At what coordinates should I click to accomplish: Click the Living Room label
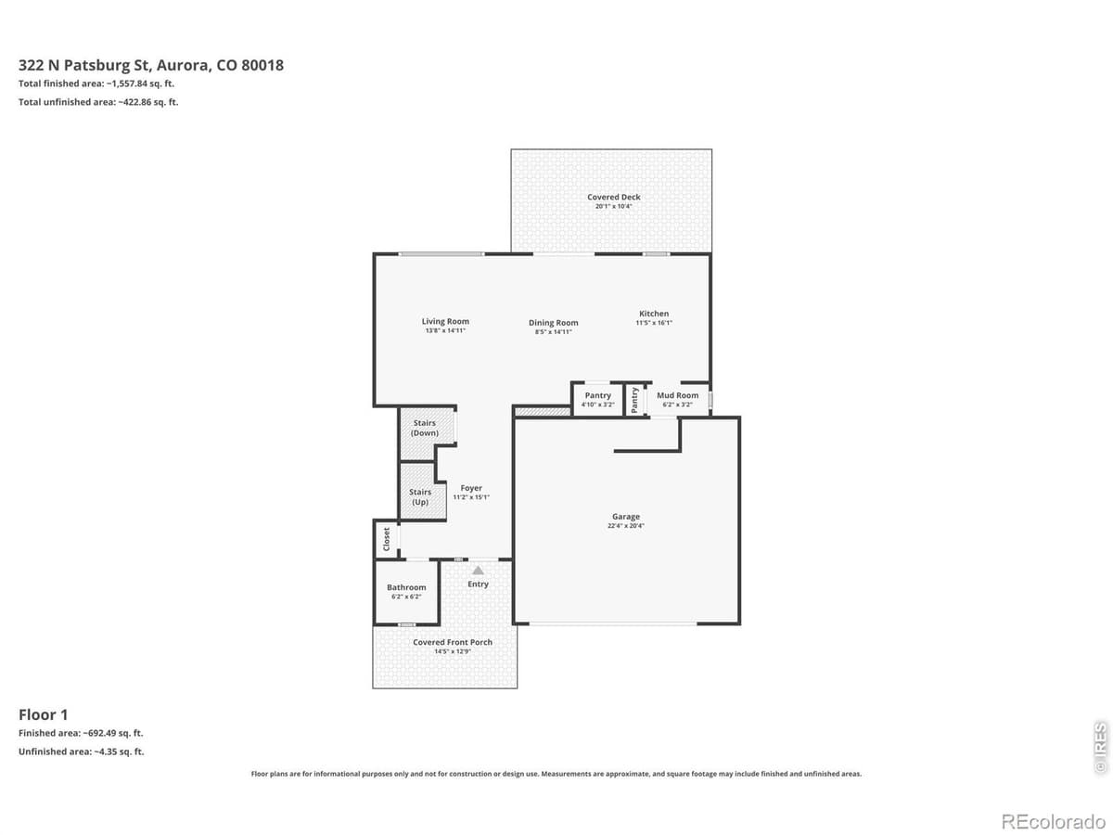pyautogui.click(x=445, y=322)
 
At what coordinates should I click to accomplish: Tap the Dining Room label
pyautogui.click(x=554, y=323)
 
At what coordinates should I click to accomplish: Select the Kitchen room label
pyautogui.click(x=654, y=314)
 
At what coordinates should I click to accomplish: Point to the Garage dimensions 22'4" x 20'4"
pyautogui.click(x=626, y=526)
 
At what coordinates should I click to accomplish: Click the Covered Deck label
pyautogui.click(x=613, y=197)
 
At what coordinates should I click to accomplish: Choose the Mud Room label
pyautogui.click(x=677, y=395)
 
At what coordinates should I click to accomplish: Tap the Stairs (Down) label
pyautogui.click(x=425, y=428)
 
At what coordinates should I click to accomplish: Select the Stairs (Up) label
pyautogui.click(x=420, y=497)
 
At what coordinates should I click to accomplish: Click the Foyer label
pyautogui.click(x=471, y=488)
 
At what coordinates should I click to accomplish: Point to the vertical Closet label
pyautogui.click(x=387, y=538)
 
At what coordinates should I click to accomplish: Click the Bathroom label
pyautogui.click(x=406, y=587)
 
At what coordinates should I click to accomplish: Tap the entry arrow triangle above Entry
pyautogui.click(x=478, y=570)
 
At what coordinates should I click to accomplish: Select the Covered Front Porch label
pyautogui.click(x=453, y=642)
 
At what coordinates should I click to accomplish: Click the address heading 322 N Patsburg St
pyautogui.click(x=151, y=65)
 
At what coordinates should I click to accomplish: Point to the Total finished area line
pyautogui.click(x=96, y=83)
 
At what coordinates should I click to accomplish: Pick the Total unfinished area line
pyautogui.click(x=98, y=102)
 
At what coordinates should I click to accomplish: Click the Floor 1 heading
pyautogui.click(x=44, y=713)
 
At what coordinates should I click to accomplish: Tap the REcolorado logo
pyautogui.click(x=1054, y=821)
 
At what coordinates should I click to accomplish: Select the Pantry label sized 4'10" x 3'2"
pyautogui.click(x=597, y=395)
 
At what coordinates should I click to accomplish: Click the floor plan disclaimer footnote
pyautogui.click(x=556, y=773)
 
